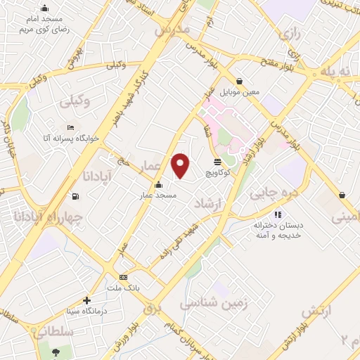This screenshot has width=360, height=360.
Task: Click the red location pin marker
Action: [181, 165]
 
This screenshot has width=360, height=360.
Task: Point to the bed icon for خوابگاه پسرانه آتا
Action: [70, 128]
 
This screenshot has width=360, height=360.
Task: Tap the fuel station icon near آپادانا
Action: [75, 196]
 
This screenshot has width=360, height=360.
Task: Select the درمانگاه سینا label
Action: [86, 310]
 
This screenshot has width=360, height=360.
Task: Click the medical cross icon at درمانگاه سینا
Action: [86, 300]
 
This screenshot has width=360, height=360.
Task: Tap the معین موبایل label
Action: [240, 91]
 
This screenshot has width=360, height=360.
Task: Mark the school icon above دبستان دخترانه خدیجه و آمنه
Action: [278, 214]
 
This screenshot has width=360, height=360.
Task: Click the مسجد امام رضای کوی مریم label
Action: [43, 24]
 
